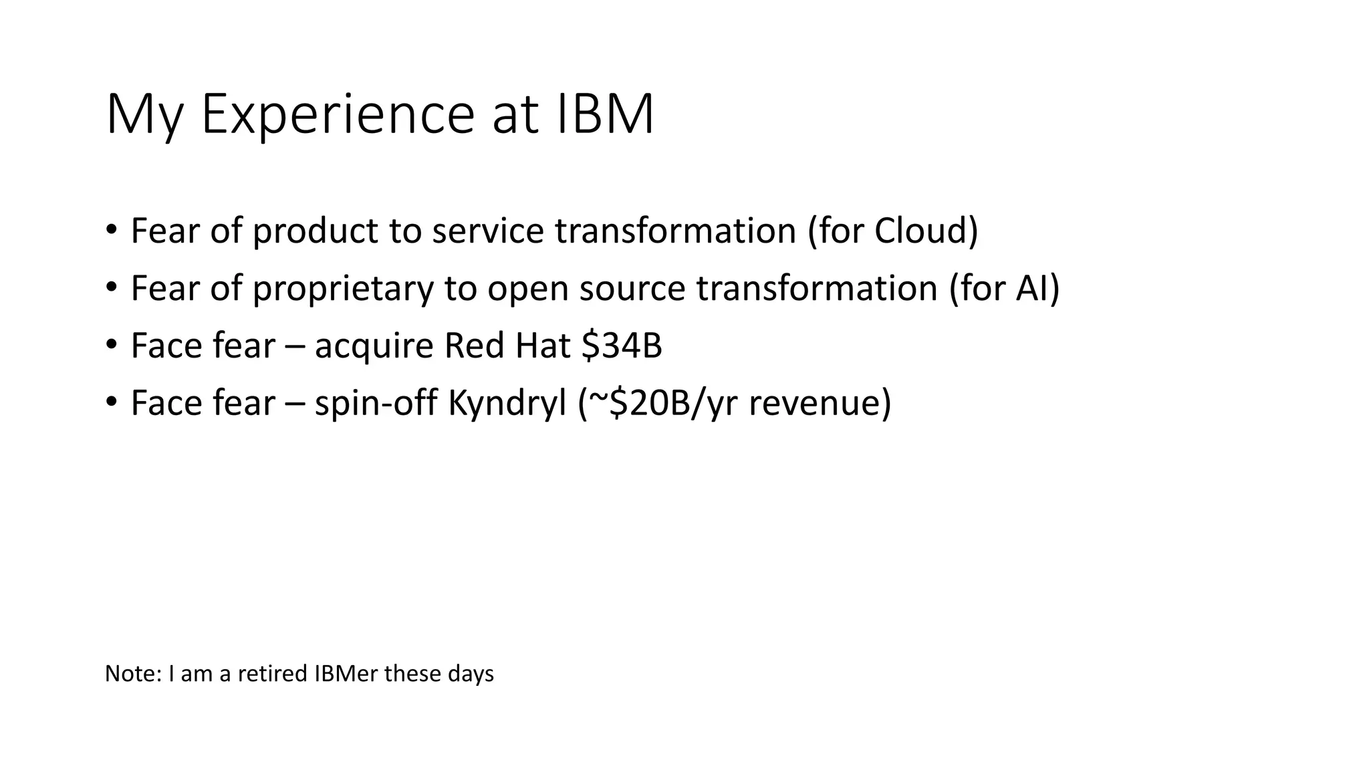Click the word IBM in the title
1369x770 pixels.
click(x=605, y=115)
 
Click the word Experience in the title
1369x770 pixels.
click(x=337, y=115)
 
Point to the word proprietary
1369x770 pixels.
click(x=343, y=289)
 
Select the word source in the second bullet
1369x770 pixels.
click(x=632, y=289)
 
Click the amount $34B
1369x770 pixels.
click(x=622, y=346)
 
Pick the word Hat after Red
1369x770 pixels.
click(x=543, y=346)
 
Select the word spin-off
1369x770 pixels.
click(x=376, y=404)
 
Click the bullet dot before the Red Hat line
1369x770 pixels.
click(x=111, y=345)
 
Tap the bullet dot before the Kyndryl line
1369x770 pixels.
click(x=111, y=402)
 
